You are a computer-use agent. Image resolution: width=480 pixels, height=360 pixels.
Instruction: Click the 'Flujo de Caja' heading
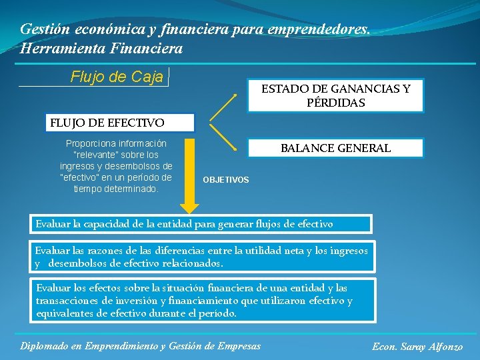click(117, 77)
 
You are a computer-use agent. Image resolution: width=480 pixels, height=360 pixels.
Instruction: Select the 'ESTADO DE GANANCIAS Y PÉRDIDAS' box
click(335, 96)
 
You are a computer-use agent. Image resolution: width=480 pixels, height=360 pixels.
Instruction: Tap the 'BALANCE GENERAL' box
click(335, 148)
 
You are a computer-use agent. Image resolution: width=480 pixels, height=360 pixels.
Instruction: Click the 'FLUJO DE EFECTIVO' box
click(107, 123)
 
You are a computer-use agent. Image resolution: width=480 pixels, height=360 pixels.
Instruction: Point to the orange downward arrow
click(190, 173)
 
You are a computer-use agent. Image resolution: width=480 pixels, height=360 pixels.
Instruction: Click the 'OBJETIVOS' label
click(226, 180)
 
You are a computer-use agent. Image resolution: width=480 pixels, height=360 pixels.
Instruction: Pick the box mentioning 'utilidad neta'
click(202, 257)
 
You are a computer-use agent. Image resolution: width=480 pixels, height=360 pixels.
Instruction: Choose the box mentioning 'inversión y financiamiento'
click(202, 300)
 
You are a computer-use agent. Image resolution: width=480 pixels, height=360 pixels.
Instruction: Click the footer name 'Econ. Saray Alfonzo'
click(417, 347)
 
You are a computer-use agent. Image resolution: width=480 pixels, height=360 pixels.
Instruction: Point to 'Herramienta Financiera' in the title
click(101, 49)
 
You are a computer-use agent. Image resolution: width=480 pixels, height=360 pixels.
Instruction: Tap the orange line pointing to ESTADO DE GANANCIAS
click(225, 107)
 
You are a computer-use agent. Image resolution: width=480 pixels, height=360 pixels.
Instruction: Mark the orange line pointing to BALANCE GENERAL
click(224, 137)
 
